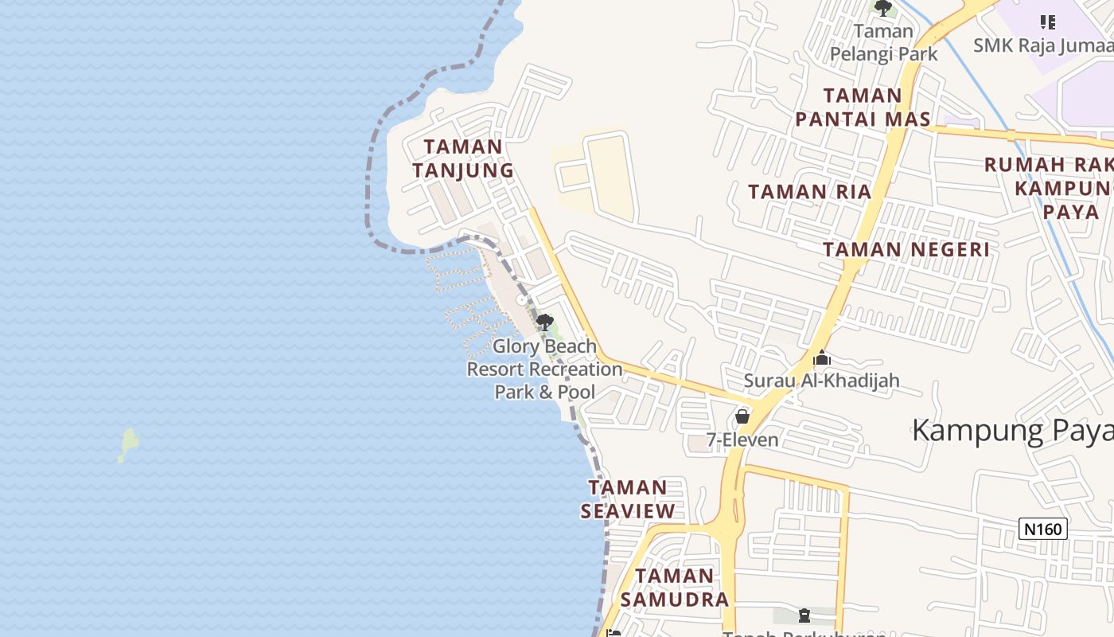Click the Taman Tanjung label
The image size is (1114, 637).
click(463, 158)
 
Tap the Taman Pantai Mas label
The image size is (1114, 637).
click(863, 107)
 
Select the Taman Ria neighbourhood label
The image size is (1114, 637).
click(810, 192)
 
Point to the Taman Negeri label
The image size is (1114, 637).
click(906, 249)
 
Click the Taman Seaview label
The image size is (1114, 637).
click(628, 499)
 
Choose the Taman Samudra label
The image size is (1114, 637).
click(675, 587)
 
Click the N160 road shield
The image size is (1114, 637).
click(1042, 528)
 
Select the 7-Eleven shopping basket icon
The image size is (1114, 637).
click(742, 416)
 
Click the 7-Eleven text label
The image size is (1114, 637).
click(743, 440)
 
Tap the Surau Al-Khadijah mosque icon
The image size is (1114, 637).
click(822, 358)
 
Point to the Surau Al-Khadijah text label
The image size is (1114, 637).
click(821, 381)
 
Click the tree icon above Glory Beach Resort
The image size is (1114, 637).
click(545, 322)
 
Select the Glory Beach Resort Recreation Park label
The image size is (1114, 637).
click(544, 369)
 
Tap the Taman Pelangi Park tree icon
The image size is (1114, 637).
click(883, 8)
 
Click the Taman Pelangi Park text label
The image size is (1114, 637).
click(884, 43)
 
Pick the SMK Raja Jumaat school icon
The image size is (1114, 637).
click(1048, 21)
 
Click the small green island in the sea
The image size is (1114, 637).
click(128, 443)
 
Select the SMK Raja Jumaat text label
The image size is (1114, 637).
click(1043, 45)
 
